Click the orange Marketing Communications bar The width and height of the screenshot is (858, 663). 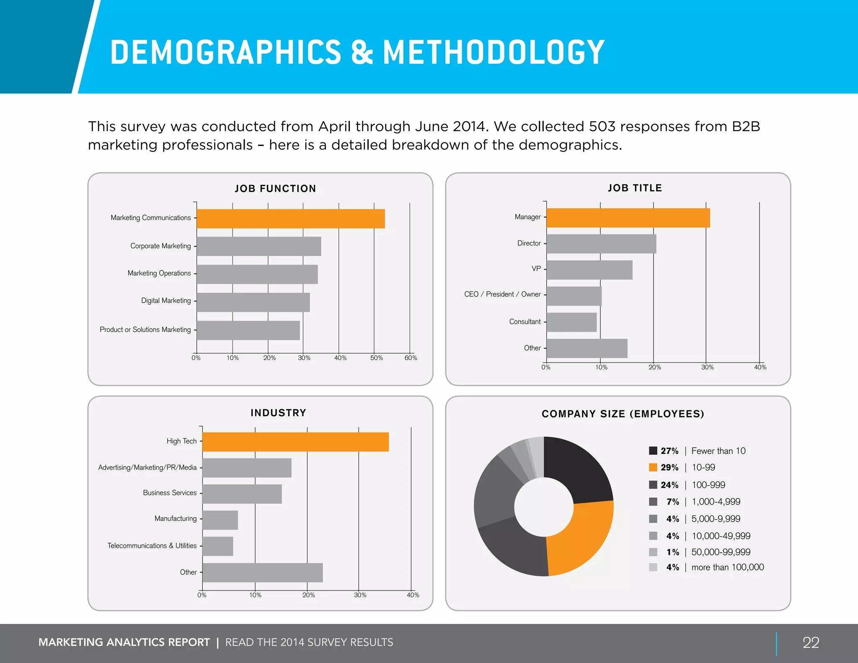(290, 218)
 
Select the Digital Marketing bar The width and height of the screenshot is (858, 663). (253, 302)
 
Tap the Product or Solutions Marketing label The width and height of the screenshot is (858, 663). (145, 329)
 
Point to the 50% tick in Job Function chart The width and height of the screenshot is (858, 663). (376, 358)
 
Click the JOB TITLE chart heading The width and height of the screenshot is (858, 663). (635, 188)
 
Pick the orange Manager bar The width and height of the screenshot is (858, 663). (628, 218)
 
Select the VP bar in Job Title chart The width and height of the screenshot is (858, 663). (589, 270)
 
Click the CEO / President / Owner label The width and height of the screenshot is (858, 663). (502, 294)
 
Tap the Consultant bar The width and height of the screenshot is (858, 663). (571, 322)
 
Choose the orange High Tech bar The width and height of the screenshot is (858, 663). (295, 442)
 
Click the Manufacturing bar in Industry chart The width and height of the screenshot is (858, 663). (220, 520)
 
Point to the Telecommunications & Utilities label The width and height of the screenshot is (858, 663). (152, 546)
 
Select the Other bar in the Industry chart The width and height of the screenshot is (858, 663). (262, 572)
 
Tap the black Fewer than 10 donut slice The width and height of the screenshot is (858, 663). (576, 469)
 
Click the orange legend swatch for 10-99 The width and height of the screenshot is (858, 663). (653, 467)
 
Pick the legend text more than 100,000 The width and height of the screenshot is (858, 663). (727, 567)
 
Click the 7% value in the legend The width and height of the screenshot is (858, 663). (672, 502)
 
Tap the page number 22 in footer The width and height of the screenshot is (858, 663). (811, 642)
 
